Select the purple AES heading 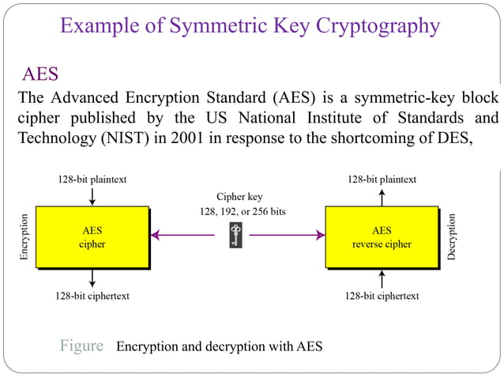pyautogui.click(x=39, y=74)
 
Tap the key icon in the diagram pyautogui.click(x=235, y=235)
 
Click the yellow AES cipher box pyautogui.click(x=92, y=237)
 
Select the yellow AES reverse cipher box pyautogui.click(x=382, y=237)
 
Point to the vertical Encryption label pyautogui.click(x=24, y=237)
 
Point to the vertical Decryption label pyautogui.click(x=452, y=237)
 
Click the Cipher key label pyautogui.click(x=239, y=196)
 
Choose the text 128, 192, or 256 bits pyautogui.click(x=239, y=212)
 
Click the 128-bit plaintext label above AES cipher pyautogui.click(x=92, y=180)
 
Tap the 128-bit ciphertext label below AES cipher pyautogui.click(x=92, y=296)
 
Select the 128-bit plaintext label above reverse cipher pyautogui.click(x=382, y=180)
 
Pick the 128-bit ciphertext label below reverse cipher pyautogui.click(x=382, y=296)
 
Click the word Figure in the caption pyautogui.click(x=82, y=346)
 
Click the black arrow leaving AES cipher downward pyautogui.click(x=92, y=278)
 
